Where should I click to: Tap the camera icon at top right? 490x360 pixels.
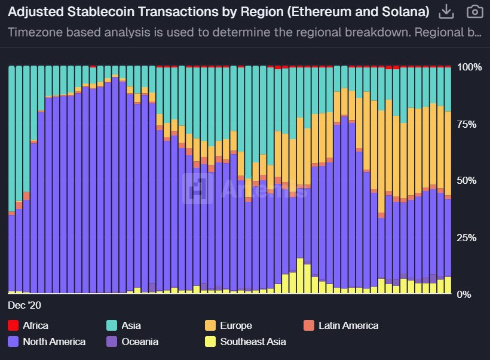(x=475, y=11)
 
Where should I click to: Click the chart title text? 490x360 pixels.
(x=219, y=11)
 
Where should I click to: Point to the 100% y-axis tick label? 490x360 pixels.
(x=469, y=67)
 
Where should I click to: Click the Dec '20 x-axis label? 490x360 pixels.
(x=24, y=305)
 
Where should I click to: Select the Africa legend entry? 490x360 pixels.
(x=35, y=325)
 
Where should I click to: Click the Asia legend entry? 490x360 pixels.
(x=131, y=325)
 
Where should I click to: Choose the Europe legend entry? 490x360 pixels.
(x=235, y=325)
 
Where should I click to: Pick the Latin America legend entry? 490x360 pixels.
(x=348, y=325)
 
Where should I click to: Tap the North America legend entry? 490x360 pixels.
(x=54, y=341)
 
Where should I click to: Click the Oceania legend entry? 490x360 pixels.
(x=140, y=341)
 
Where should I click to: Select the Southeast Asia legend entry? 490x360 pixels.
(x=253, y=341)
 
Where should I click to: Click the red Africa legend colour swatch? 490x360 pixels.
(x=13, y=325)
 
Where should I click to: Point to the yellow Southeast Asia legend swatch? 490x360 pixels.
(x=210, y=341)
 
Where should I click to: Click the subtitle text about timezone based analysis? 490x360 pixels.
(x=245, y=32)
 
